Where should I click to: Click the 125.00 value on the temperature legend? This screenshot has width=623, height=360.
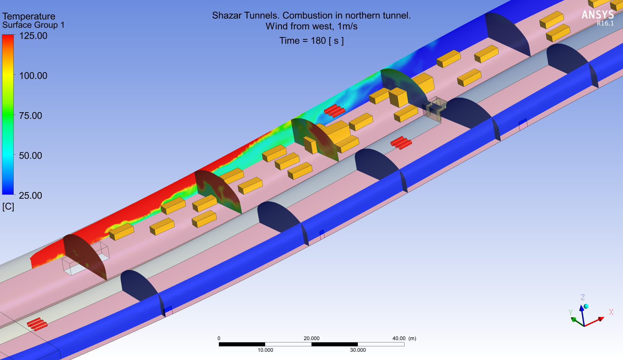point(33,36)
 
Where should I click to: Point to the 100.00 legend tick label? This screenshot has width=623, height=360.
point(33,76)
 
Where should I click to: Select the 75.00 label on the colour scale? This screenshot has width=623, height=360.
point(31,116)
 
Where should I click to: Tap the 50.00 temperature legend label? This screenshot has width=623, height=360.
point(31,155)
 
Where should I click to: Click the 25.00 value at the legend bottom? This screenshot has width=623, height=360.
point(31,196)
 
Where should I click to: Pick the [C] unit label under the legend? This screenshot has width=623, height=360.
point(8,207)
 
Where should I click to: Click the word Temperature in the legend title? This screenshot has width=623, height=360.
point(29,16)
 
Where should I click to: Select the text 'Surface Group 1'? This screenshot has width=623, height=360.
point(33,25)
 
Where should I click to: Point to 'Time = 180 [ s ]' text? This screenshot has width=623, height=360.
point(311,41)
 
